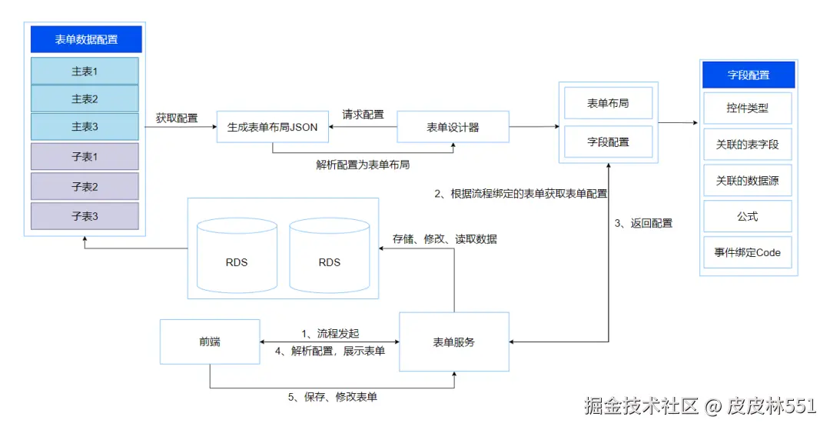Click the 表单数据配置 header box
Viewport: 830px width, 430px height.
(x=86, y=39)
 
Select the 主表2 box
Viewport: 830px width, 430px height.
(x=85, y=98)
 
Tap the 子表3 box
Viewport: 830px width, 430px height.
(x=85, y=216)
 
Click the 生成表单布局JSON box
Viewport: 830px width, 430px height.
(x=272, y=127)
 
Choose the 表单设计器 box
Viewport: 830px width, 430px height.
(x=453, y=127)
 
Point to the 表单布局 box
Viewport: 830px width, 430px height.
(x=608, y=103)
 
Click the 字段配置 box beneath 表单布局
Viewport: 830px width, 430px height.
(x=608, y=142)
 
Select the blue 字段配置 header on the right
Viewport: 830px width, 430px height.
(x=748, y=75)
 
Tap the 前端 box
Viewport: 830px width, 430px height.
(x=209, y=342)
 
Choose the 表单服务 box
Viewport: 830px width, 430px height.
(x=453, y=342)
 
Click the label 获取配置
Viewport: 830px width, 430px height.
(x=177, y=118)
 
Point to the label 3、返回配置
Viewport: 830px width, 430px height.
(x=643, y=223)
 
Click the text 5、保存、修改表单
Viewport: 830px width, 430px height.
(x=333, y=397)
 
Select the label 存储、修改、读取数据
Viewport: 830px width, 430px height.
(x=444, y=238)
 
